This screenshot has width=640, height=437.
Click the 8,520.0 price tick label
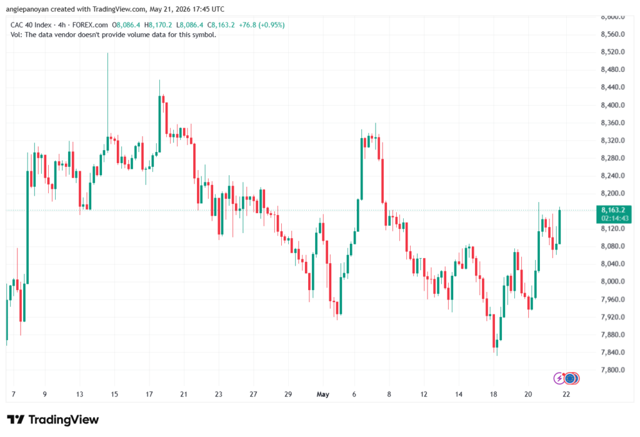click(612, 52)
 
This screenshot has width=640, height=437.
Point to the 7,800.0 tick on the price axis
click(612, 370)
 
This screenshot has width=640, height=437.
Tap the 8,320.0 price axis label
click(612, 141)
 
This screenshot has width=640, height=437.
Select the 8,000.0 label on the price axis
click(612, 281)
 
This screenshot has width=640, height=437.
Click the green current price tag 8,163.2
click(614, 210)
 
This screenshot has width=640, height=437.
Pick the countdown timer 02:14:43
click(615, 219)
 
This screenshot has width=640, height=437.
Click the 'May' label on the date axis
click(323, 394)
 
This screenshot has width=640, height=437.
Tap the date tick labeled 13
click(79, 394)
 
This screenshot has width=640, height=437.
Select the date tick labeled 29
click(288, 394)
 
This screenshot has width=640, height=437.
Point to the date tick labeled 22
click(566, 394)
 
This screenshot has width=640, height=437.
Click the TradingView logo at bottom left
click(53, 420)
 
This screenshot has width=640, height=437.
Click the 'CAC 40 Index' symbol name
click(31, 25)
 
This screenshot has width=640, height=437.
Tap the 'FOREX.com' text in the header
click(90, 25)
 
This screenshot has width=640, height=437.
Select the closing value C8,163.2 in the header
click(221, 25)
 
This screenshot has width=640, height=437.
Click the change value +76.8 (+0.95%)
click(262, 25)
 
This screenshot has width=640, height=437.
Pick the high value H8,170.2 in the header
click(158, 25)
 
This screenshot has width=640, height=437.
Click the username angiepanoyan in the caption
click(27, 9)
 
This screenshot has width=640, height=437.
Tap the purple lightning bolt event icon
click(559, 379)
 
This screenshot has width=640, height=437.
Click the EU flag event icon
click(571, 379)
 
